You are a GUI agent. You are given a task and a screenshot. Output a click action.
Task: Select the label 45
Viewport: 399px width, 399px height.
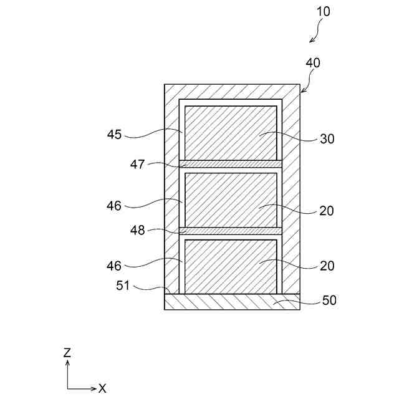pos(114,134)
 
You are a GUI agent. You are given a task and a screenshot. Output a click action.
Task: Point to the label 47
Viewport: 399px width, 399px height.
pos(138,165)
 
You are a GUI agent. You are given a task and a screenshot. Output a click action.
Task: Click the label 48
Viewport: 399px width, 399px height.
pos(138,230)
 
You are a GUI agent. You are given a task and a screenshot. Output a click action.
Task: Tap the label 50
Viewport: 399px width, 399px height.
pos(329,300)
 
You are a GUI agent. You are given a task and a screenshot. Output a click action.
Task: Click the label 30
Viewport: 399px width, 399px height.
pos(327,139)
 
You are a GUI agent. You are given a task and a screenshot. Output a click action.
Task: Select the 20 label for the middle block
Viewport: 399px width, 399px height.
pos(327,210)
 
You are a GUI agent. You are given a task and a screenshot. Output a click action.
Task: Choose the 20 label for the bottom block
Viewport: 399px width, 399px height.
pos(327,266)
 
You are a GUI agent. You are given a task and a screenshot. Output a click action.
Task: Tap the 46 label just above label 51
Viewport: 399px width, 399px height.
pos(114,265)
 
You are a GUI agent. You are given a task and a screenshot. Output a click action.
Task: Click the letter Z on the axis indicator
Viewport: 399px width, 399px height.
pos(67,352)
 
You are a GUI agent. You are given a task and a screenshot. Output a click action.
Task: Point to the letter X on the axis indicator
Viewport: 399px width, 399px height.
pos(102,388)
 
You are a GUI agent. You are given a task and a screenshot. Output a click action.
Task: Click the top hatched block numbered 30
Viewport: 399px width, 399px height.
pos(231,132)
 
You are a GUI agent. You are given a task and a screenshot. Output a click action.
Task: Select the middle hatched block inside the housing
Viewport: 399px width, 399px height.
pos(231,199)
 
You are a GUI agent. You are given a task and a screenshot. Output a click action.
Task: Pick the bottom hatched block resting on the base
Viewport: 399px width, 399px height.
pos(231,267)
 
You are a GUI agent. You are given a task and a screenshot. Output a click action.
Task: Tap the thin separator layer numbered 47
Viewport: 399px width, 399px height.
pos(231,164)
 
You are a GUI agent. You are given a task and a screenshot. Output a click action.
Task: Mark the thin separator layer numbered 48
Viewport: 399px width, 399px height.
pos(231,231)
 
